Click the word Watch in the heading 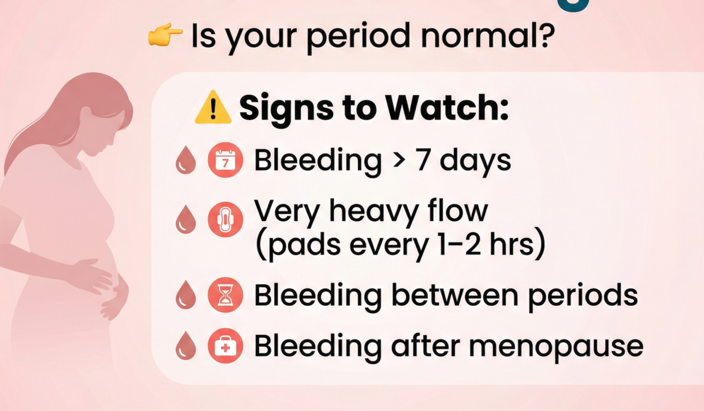click(x=447, y=108)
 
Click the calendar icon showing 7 click(x=226, y=162)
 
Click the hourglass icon click(x=226, y=296)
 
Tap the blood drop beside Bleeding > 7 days click(x=186, y=162)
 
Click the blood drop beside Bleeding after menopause click(x=186, y=347)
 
